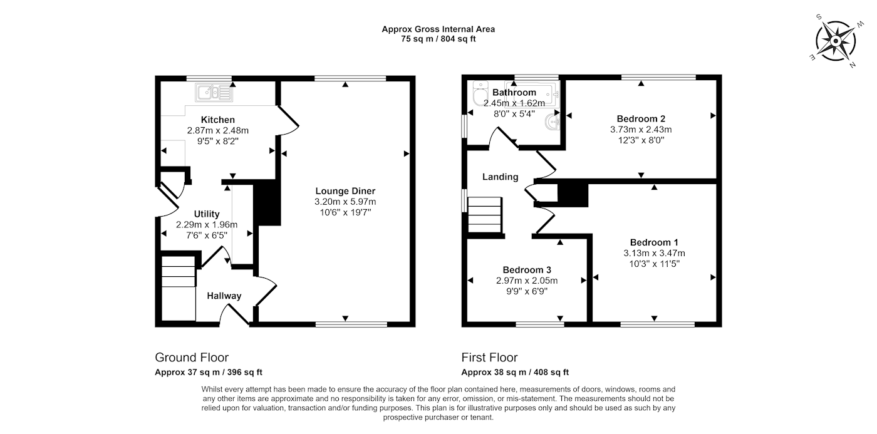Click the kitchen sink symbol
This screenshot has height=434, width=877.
click(214, 93)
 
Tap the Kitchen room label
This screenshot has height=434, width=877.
click(218, 120)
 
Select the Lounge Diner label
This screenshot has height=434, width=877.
click(345, 191)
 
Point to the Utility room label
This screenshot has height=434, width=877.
click(207, 214)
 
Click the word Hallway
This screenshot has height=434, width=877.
click(224, 296)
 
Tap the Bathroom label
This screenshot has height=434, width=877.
click(514, 92)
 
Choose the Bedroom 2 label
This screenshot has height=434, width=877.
click(641, 118)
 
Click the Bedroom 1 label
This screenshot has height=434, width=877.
click(654, 242)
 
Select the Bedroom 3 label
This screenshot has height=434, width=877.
click(527, 270)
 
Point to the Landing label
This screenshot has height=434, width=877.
click(500, 177)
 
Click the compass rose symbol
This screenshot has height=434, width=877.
click(836, 41)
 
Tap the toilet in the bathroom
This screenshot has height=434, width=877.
click(480, 93)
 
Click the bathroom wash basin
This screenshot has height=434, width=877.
click(553, 122)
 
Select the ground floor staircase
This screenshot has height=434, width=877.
click(179, 288)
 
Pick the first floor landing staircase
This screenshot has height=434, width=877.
click(485, 215)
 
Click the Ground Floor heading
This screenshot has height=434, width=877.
click(192, 358)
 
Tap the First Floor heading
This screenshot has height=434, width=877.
click(489, 358)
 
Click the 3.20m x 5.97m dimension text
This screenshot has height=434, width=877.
click(345, 202)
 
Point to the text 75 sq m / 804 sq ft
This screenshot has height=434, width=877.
click(438, 39)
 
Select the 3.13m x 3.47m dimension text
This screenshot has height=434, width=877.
click(654, 253)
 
